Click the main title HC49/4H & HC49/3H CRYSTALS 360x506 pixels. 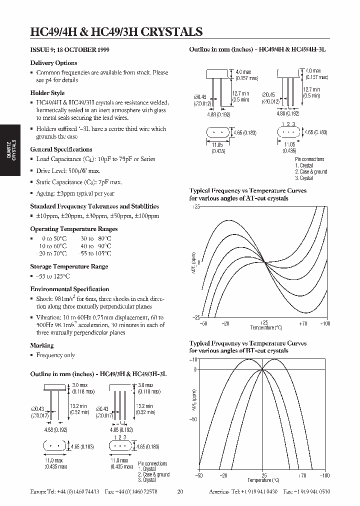coord(116,31)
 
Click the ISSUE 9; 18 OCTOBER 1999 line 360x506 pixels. coord(70,50)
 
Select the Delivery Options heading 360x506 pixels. coord(53,63)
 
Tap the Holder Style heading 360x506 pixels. coord(47,93)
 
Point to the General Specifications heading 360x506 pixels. coord(61,149)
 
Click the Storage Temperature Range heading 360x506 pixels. coord(69,266)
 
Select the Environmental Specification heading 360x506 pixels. coord(69,289)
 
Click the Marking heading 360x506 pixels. coord(41,345)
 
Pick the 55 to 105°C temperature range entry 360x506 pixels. coord(96,253)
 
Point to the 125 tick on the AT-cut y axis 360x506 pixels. coord(196,206)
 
